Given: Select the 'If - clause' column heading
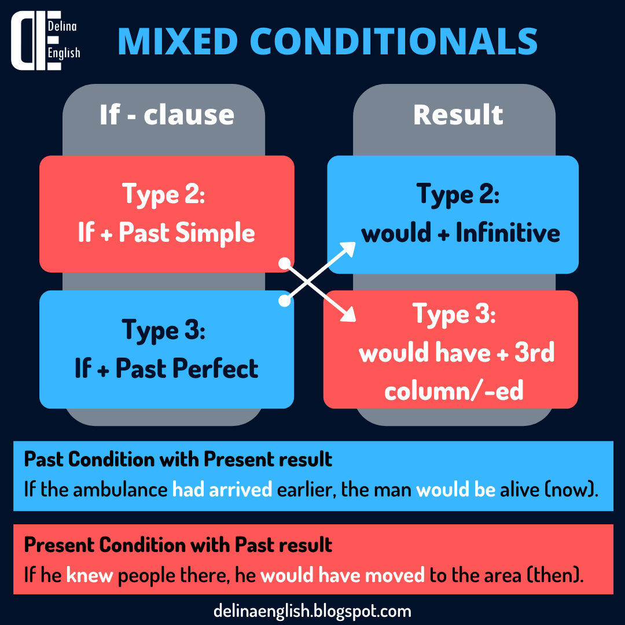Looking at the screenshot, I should [x=167, y=115].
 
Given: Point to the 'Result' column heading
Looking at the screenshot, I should [x=458, y=115].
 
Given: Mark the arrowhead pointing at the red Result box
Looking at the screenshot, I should [x=350, y=315].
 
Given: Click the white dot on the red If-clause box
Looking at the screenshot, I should [x=284, y=263].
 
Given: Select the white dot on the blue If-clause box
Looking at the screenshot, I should [x=284, y=301].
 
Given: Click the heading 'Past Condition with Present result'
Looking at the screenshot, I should [x=178, y=459].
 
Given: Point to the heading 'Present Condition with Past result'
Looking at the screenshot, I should [x=178, y=545].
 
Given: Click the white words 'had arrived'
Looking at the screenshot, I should [x=222, y=489].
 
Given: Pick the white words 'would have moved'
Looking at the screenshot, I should [x=343, y=575].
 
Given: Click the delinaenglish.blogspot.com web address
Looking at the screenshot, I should [x=312, y=611].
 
